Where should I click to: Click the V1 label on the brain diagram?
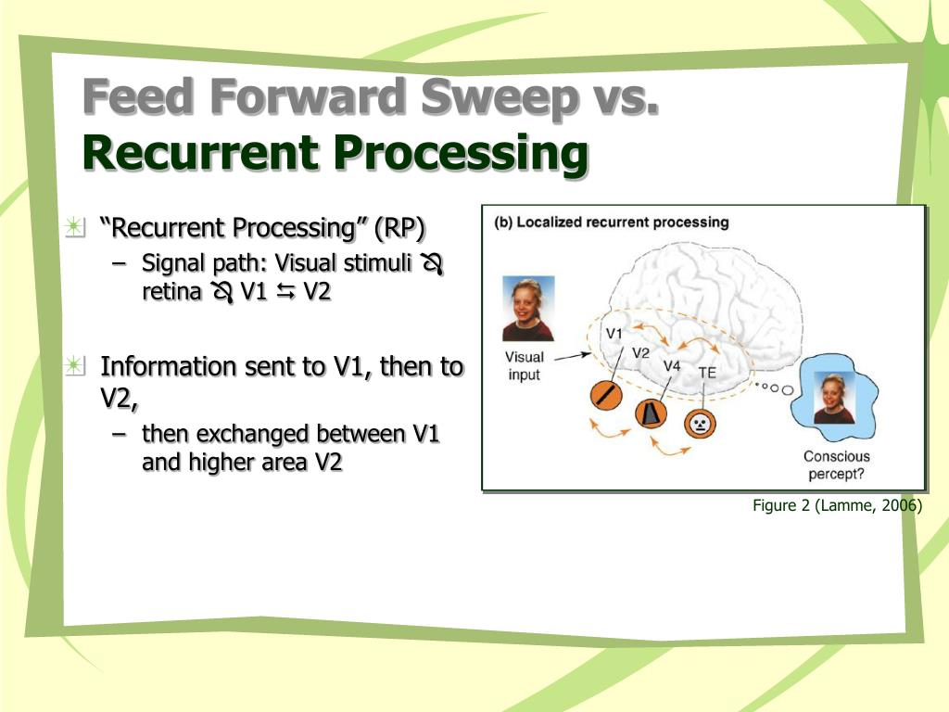point(614,332)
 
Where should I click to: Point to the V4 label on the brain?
point(672,365)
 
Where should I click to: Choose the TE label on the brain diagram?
point(707,372)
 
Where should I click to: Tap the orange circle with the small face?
point(701,424)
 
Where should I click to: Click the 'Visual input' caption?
point(525,366)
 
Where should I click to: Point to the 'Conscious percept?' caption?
point(836,464)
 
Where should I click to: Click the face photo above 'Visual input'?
point(528,308)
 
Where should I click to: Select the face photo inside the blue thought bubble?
point(834,399)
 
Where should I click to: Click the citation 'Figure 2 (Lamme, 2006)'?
point(836,505)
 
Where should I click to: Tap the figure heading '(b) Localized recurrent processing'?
point(612,222)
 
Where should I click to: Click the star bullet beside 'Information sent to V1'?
point(75,365)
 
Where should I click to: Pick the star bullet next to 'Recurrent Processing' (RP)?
point(75,226)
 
